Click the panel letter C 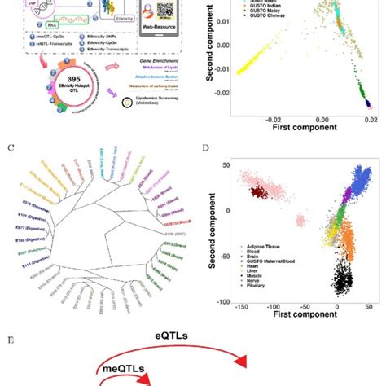(x=10, y=148)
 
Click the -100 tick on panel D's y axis (x=217, y=303)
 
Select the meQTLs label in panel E (x=123, y=371)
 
